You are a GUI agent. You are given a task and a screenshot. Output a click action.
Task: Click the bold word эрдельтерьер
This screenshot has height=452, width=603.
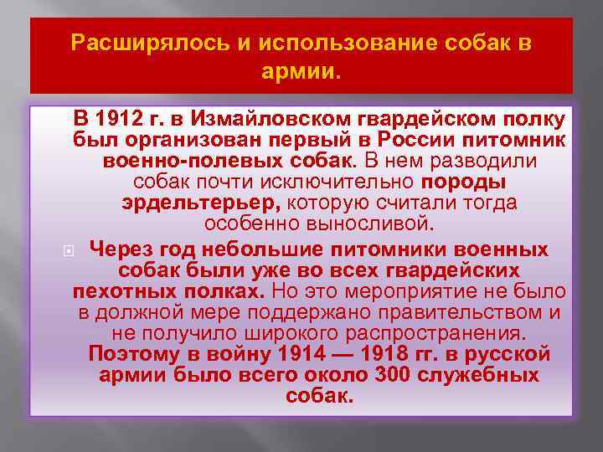(x=201, y=203)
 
